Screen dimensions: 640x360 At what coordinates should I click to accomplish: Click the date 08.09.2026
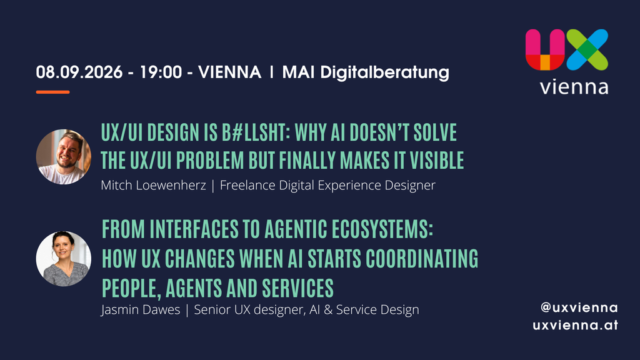click(79, 72)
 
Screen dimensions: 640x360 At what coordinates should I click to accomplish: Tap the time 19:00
click(161, 72)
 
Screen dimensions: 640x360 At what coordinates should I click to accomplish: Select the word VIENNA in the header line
click(230, 72)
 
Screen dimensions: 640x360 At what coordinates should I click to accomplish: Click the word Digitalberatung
click(384, 73)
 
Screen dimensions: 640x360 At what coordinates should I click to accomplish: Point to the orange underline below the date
click(52, 92)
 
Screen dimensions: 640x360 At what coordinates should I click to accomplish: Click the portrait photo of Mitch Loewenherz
click(64, 157)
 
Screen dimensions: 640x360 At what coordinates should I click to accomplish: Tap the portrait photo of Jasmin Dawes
click(64, 259)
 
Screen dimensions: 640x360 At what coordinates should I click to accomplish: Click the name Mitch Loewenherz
click(154, 185)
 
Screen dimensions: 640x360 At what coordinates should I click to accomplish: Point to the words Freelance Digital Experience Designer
click(327, 186)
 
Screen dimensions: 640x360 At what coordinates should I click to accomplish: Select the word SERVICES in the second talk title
click(298, 288)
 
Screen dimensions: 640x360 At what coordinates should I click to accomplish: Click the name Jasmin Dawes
click(141, 310)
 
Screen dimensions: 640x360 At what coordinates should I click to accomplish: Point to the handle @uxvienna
click(579, 307)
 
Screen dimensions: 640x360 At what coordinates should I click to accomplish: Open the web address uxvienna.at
click(575, 325)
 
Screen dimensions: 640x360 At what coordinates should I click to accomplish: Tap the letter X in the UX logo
click(587, 49)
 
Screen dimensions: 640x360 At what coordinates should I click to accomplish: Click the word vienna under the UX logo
click(574, 87)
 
